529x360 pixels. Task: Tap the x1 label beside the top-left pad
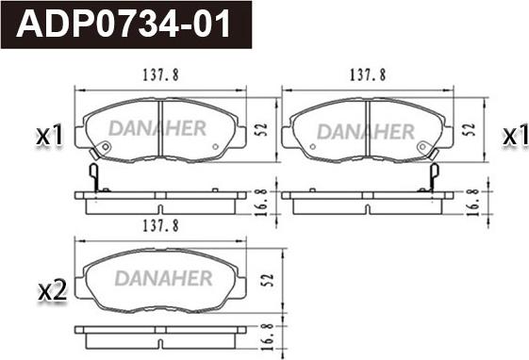[48, 138]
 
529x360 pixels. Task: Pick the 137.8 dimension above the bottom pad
[161, 226]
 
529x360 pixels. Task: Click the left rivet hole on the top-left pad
[106, 147]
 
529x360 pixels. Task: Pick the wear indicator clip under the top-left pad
[93, 176]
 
